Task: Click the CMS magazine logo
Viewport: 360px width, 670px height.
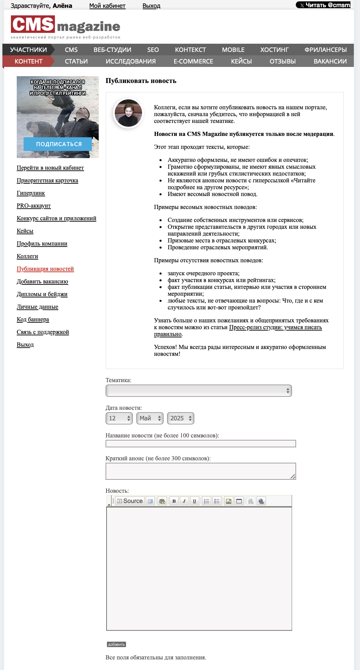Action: tap(65, 27)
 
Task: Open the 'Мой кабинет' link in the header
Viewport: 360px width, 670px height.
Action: tap(107, 6)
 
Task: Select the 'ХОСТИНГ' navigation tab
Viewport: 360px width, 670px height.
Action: tap(274, 50)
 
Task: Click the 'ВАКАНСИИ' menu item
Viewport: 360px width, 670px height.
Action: tap(330, 61)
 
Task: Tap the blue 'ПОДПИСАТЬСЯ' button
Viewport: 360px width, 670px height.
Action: tap(58, 144)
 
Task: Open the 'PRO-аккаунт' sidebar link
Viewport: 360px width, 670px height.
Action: tap(33, 206)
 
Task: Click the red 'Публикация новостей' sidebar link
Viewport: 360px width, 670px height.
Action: tap(45, 269)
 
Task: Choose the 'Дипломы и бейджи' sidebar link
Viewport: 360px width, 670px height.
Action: tap(42, 294)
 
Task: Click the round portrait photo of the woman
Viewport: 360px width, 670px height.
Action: tap(128, 113)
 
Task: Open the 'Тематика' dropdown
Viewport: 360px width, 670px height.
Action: tap(198, 391)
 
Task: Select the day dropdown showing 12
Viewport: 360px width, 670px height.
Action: tap(119, 418)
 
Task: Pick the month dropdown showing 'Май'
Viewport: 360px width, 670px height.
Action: tap(150, 418)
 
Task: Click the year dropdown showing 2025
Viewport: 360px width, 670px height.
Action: tap(180, 418)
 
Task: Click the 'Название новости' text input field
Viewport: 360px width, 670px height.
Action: tap(200, 444)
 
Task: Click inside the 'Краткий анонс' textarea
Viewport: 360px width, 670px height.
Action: tap(200, 471)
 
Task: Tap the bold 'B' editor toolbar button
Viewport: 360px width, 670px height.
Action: tap(174, 501)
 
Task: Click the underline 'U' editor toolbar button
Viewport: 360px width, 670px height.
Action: tap(194, 501)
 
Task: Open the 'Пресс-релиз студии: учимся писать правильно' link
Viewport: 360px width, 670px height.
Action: tap(275, 327)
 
